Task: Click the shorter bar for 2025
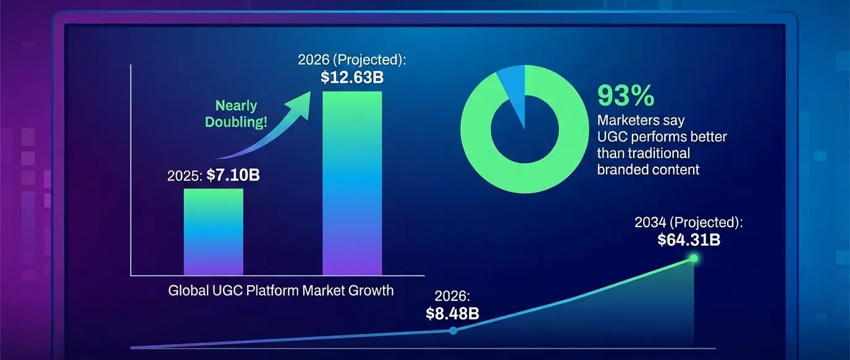click(213, 232)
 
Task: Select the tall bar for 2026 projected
click(352, 183)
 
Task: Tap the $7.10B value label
click(233, 175)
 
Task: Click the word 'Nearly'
click(236, 106)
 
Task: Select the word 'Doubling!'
click(236, 122)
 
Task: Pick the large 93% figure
click(625, 96)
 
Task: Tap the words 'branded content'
click(648, 169)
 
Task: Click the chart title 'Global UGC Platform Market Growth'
click(280, 290)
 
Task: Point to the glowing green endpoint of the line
click(693, 258)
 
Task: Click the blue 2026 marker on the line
click(453, 331)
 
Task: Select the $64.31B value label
click(689, 240)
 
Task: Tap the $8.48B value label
click(452, 313)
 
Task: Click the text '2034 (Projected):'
click(689, 222)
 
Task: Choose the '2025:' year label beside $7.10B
click(185, 176)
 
